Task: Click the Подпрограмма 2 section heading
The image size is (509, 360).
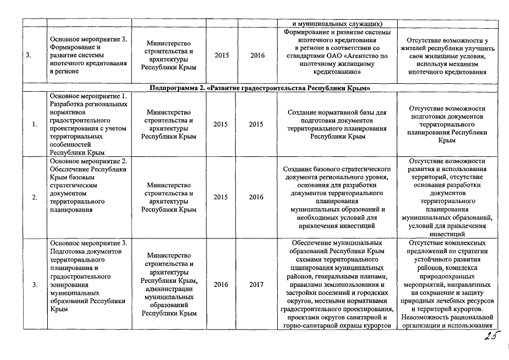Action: pos(259,89)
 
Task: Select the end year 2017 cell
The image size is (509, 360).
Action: pos(256,285)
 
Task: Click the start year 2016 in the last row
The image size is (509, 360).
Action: pos(221,285)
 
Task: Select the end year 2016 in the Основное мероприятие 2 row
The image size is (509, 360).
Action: pos(256,197)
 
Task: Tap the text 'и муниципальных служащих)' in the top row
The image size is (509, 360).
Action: pos(337,24)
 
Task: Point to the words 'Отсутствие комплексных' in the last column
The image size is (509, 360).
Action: pos(447,243)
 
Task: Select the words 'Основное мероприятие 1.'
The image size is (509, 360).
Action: pos(89,96)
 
